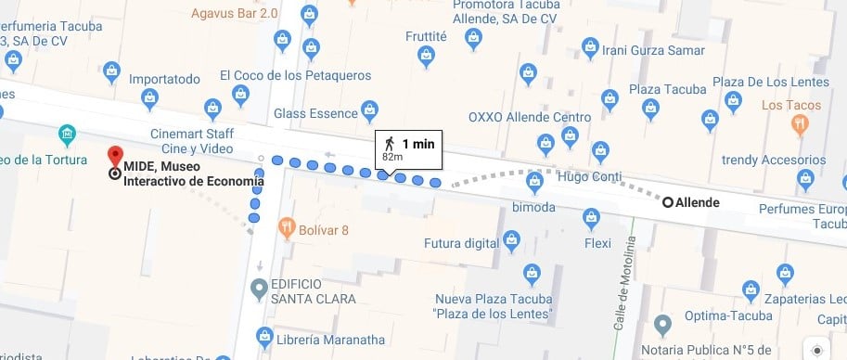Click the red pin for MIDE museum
click(115, 156)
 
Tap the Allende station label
click(698, 201)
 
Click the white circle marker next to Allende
click(667, 201)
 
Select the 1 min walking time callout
click(409, 148)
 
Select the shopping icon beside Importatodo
click(111, 69)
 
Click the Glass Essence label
click(315, 113)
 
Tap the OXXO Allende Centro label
click(529, 118)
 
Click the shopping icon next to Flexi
click(590, 218)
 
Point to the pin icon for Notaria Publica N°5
click(661, 325)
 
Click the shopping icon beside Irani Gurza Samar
click(588, 45)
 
